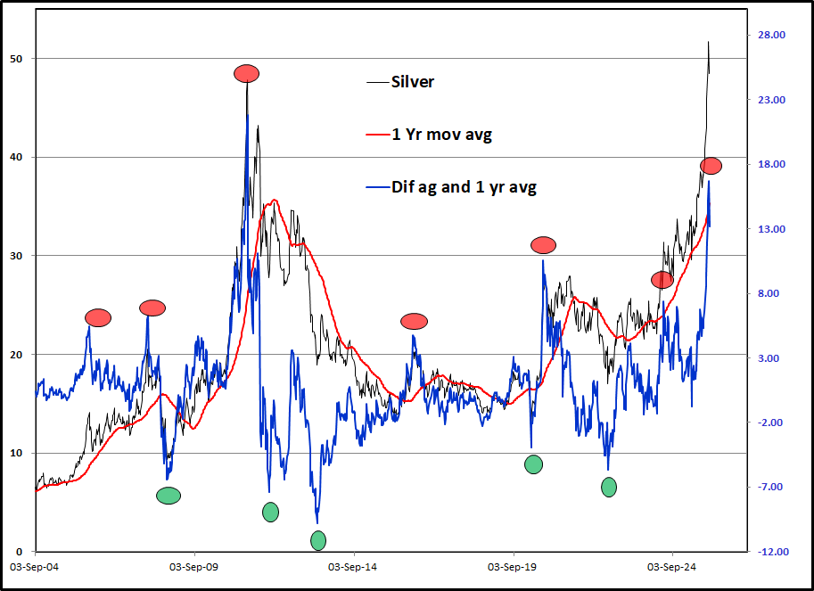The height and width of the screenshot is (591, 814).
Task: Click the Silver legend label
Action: click(x=413, y=82)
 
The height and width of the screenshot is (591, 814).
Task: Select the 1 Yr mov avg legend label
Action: click(x=441, y=135)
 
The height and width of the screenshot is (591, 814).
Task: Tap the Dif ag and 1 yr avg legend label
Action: click(x=464, y=187)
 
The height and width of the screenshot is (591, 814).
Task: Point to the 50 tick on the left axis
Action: click(x=16, y=59)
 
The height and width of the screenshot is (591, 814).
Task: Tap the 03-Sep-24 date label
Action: click(x=670, y=567)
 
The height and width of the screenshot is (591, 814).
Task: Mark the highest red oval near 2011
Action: click(x=247, y=73)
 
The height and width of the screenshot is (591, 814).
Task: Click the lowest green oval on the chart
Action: click(x=318, y=540)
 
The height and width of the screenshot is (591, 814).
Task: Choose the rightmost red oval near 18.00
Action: click(x=711, y=166)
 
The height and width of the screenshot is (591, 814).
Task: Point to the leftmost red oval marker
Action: click(x=98, y=317)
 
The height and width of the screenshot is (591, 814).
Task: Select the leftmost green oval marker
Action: click(x=169, y=496)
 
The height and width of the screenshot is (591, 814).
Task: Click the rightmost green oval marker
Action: click(x=609, y=487)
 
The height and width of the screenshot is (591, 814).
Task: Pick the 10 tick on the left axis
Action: click(x=16, y=453)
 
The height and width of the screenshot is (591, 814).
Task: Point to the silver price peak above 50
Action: click(x=709, y=42)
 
